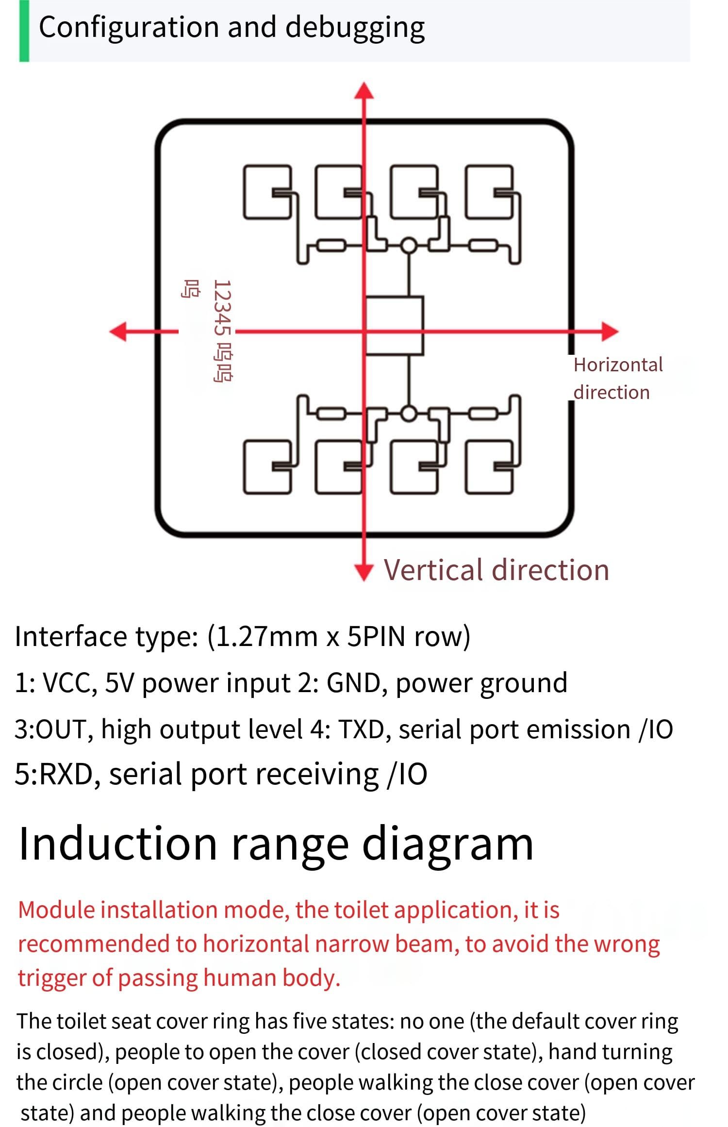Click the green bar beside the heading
click(24, 31)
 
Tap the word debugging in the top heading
click(355, 28)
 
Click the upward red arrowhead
click(364, 91)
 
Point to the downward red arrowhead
click(364, 572)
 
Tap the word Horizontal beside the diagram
click(618, 365)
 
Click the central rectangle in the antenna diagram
click(394, 326)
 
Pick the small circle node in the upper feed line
click(409, 246)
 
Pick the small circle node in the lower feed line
click(409, 414)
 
